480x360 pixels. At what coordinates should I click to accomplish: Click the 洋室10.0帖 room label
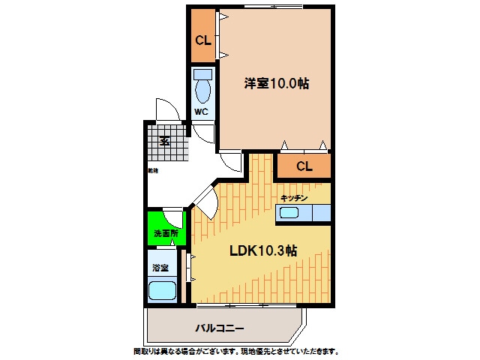coord(276,84)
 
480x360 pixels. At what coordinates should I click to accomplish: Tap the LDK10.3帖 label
coord(262,251)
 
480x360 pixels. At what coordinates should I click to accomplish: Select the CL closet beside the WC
coord(202,39)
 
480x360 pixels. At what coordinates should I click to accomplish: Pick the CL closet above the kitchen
coord(304,166)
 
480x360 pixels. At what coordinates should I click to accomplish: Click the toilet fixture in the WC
coord(202,88)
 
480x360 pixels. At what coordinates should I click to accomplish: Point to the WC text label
coord(201,112)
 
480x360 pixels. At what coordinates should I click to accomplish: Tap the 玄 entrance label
coord(163,139)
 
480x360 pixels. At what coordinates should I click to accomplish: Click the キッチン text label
coord(294,197)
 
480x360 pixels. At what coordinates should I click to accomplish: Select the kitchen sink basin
coord(289,214)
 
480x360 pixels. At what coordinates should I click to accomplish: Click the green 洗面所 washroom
coord(165,233)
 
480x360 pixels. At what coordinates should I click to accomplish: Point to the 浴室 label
coord(160,268)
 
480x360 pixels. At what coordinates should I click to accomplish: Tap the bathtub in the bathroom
coord(162,290)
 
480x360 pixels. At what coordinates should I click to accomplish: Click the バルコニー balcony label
coord(220,328)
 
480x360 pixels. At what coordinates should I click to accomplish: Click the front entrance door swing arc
coord(166,109)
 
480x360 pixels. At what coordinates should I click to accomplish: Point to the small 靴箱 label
coord(152,172)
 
